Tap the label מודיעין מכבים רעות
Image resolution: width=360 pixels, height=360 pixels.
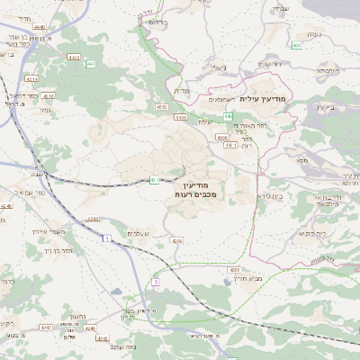pyautogui.click(x=195, y=190)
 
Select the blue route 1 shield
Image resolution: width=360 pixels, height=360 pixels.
pyautogui.click(x=105, y=238)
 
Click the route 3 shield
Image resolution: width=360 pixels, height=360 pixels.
pyautogui.click(x=155, y=283)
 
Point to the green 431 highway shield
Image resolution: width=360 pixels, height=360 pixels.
pyautogui.click(x=153, y=180)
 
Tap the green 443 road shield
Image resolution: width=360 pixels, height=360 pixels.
pyautogui.click(x=229, y=115)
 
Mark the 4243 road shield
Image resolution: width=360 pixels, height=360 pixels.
pyautogui.click(x=177, y=241)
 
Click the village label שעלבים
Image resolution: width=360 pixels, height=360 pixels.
pyautogui.click(x=143, y=234)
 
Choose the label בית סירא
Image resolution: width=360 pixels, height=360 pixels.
pyautogui.click(x=262, y=195)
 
